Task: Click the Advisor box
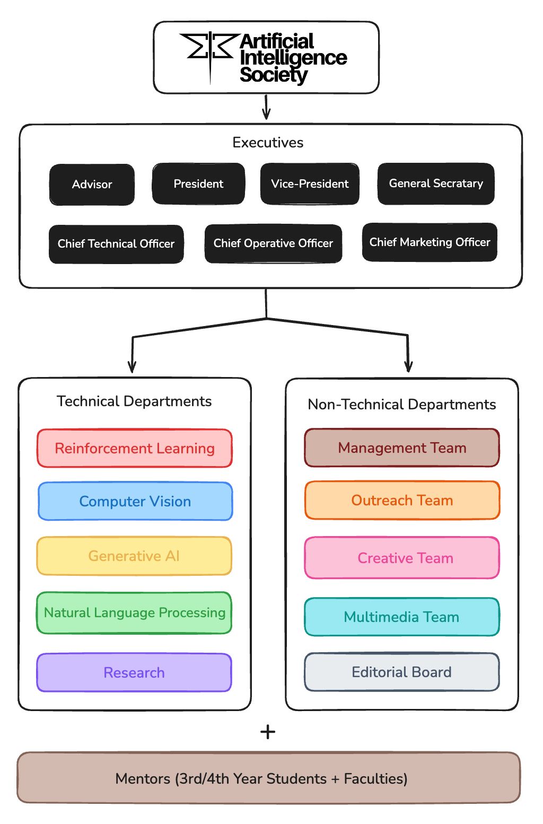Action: (x=92, y=185)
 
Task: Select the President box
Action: (x=198, y=184)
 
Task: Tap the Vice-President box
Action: (x=310, y=184)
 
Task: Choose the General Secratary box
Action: (x=436, y=183)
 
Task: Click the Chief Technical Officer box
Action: (x=116, y=244)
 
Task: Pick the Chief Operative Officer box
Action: (x=273, y=243)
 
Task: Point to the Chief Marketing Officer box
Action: (x=430, y=242)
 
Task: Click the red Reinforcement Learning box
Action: (x=135, y=449)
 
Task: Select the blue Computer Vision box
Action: (x=135, y=502)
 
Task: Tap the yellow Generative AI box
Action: (x=134, y=556)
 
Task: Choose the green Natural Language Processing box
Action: (x=134, y=613)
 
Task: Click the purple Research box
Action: (x=134, y=673)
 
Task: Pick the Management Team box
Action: (x=402, y=448)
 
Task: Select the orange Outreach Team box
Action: (x=402, y=501)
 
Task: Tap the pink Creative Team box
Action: (x=402, y=558)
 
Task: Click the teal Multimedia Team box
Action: (x=402, y=617)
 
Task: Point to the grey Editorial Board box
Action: (x=402, y=672)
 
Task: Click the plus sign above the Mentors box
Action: (x=268, y=732)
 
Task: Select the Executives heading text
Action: (x=268, y=143)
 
